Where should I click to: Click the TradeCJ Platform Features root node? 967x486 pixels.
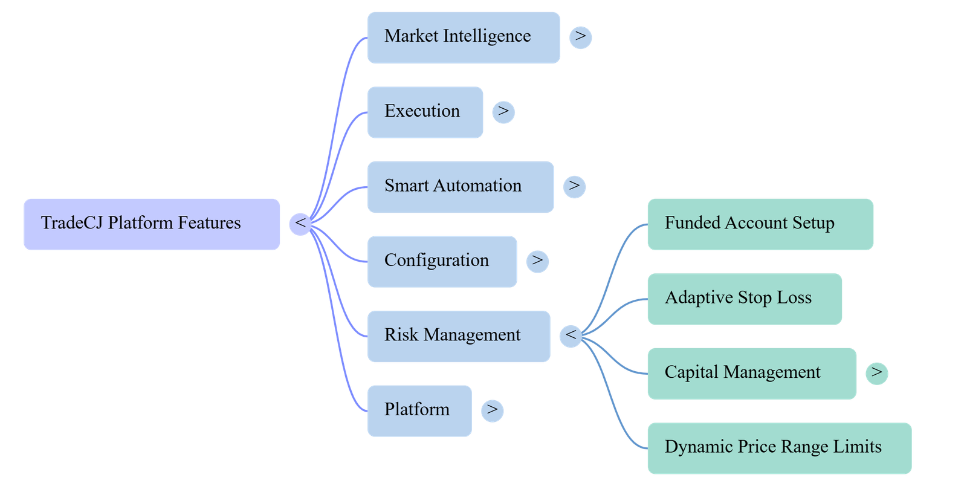click(152, 224)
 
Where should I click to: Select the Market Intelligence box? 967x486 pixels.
click(464, 37)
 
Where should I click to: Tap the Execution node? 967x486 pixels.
click(425, 112)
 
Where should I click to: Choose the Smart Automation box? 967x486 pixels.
click(461, 187)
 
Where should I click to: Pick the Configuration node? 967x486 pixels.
click(442, 262)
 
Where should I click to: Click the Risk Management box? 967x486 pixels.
click(459, 336)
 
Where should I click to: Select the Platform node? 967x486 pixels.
click(419, 411)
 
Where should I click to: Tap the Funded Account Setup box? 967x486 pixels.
click(761, 224)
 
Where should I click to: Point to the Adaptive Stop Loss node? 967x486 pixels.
click(745, 299)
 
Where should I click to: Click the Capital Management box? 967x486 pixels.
click(752, 374)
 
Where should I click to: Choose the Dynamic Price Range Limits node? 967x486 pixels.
click(780, 449)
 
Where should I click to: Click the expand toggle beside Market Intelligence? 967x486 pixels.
click(581, 37)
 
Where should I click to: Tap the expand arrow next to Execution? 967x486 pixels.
click(503, 112)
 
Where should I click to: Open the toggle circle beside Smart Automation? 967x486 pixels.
click(575, 187)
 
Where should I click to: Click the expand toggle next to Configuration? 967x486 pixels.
click(537, 262)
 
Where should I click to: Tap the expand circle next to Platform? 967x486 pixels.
click(493, 411)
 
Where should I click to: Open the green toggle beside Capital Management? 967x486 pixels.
click(877, 374)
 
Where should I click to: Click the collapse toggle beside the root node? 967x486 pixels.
click(300, 224)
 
